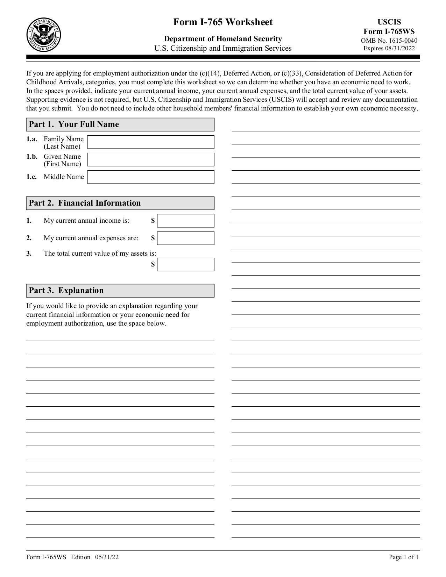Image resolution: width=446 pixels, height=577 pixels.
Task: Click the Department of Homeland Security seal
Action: pos(44,35)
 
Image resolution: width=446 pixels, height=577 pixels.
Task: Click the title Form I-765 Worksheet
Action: pos(223,22)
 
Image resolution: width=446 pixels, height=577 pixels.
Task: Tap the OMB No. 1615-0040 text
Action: pos(389,41)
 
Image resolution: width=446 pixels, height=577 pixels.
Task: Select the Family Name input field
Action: pos(150,142)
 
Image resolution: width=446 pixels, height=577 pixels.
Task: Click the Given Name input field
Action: pos(150,159)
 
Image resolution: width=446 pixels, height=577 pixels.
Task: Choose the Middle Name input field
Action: pos(150,177)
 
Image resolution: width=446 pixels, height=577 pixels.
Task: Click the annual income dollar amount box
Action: pos(185,221)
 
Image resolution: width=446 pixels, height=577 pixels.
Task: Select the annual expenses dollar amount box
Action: pos(185,238)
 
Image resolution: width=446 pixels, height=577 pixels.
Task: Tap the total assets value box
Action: pos(185,264)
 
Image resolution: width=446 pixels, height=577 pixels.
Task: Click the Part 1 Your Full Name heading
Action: pos(74,124)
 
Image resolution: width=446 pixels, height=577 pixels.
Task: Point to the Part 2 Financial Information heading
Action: pos(85,203)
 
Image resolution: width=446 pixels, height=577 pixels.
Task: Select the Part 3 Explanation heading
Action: pos(66,291)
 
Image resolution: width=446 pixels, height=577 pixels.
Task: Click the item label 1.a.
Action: pos(31,139)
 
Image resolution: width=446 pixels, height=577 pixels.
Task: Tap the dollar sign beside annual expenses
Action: pos(153,238)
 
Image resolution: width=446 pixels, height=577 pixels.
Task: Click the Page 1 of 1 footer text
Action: pos(403,557)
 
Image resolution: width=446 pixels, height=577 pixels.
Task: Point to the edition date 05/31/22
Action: pos(106,557)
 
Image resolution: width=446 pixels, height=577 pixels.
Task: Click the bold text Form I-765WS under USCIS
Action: pos(389,31)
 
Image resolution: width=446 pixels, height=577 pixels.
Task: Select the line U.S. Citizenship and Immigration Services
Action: pos(223,48)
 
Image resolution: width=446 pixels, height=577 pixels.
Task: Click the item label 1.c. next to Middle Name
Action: pos(31,177)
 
